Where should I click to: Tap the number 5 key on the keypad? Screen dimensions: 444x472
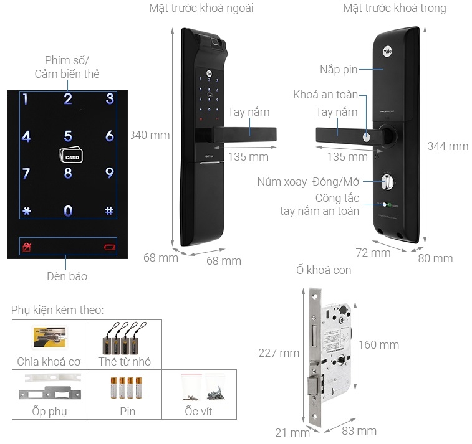click(68, 136)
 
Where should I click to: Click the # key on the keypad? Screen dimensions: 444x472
click(109, 211)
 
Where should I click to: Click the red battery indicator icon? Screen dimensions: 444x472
click(110, 248)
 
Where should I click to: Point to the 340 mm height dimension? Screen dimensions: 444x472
click(150, 135)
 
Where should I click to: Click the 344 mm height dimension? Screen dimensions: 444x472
click(448, 146)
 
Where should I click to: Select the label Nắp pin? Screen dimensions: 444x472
click(339, 70)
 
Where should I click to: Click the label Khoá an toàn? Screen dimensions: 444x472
click(325, 95)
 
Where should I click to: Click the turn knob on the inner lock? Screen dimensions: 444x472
click(387, 182)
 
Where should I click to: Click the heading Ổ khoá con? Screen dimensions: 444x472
click(324, 270)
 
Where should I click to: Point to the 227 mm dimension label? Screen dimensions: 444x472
click(279, 353)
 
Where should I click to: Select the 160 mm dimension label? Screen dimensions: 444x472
click(378, 345)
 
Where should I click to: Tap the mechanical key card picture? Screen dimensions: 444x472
click(49, 337)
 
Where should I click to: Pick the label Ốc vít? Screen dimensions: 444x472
click(198, 412)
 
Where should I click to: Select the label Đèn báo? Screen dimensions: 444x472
click(67, 276)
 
